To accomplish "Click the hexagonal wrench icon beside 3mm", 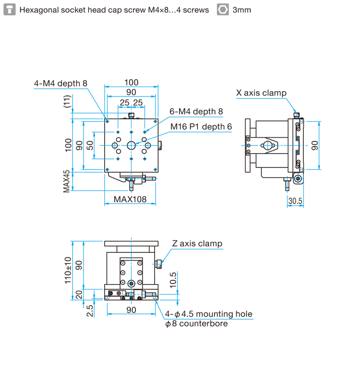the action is [x=223, y=10].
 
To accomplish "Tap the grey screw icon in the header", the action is [x=10, y=10].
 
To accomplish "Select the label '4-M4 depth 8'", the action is [x=60, y=83].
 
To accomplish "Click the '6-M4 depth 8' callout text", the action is [x=196, y=111].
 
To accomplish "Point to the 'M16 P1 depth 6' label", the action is [x=201, y=127].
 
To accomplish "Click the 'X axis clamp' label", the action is [x=261, y=93].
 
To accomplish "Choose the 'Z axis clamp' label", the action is [x=197, y=243].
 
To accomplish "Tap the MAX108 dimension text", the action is [x=130, y=199].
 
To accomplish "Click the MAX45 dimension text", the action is [x=67, y=181].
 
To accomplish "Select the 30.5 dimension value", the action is [x=295, y=201].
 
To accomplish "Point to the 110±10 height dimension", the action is [x=68, y=270].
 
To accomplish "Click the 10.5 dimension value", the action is [x=173, y=280].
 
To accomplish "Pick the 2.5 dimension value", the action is [x=90, y=311].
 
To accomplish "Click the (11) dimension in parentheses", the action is [x=67, y=101].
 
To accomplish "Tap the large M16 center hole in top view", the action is [x=131, y=145].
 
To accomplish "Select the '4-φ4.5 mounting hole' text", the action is [x=209, y=314].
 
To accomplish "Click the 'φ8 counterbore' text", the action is [x=196, y=324].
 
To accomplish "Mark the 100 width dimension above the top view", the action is [x=131, y=83].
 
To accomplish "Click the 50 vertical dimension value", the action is [x=90, y=145].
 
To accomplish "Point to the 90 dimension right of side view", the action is [x=315, y=145].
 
